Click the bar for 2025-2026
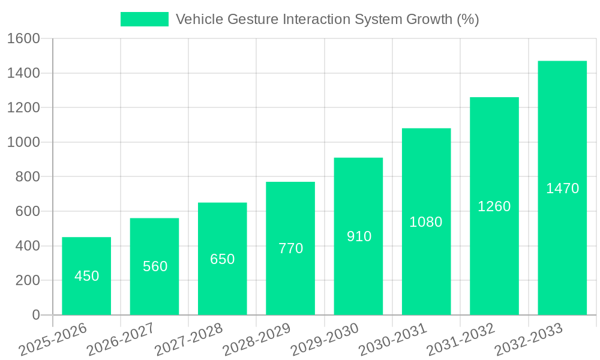pos(86,276)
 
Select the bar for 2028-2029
pos(290,248)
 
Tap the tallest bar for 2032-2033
pos(562,188)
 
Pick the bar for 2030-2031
pos(426,221)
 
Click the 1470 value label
pos(562,188)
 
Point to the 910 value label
pos(359,236)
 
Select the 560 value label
pos(155,266)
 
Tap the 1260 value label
pos(494,206)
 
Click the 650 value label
pos(222,259)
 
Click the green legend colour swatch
pos(145,19)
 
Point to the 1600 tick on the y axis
pos(23,39)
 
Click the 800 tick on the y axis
pos(27,177)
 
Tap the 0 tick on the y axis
pos(35,315)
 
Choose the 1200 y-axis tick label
pos(23,108)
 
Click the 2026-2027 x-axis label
pos(121,340)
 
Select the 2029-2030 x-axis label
pos(325,340)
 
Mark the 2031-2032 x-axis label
pos(460,340)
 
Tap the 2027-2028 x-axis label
pos(188,340)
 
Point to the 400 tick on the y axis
pos(27,246)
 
